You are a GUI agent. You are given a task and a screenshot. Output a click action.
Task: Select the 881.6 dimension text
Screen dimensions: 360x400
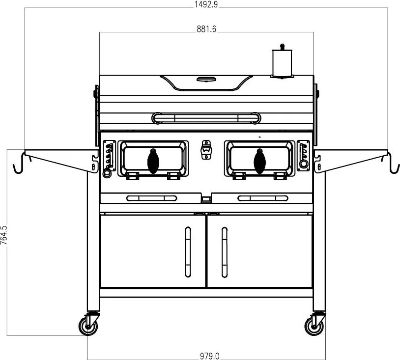(206, 28)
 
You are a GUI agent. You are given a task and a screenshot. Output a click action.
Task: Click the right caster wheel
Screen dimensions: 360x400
(314, 325)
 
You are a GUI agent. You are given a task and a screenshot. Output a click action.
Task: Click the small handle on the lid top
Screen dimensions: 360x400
(206, 79)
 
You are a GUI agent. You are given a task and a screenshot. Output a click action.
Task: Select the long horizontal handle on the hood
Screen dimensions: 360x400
(206, 118)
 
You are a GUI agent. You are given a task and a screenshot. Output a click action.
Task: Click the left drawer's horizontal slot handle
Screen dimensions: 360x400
(151, 198)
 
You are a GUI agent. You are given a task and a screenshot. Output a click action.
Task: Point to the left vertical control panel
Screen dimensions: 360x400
(109, 158)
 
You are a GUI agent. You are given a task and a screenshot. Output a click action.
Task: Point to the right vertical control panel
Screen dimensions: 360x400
(303, 156)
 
